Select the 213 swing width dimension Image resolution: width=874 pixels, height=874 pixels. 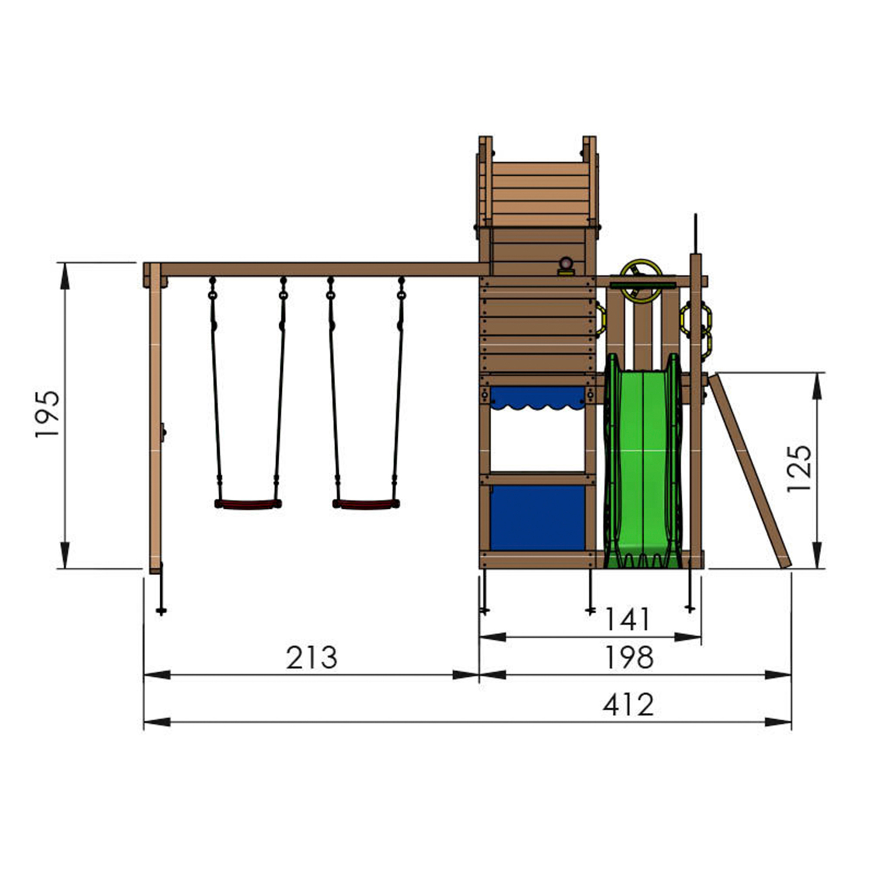click(312, 658)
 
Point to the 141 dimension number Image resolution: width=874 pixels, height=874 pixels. click(628, 619)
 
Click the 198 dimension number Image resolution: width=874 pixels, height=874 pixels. click(629, 658)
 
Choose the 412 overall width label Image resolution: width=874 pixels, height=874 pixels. click(628, 705)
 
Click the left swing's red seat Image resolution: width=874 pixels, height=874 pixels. click(247, 504)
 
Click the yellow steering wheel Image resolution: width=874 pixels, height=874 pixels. click(641, 281)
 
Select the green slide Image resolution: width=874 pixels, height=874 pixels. click(643, 466)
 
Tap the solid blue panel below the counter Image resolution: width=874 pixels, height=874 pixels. click(537, 518)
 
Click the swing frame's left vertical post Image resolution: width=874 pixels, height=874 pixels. click(155, 421)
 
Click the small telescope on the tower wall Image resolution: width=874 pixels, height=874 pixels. click(566, 266)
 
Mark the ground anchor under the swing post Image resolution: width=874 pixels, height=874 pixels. click(161, 611)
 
